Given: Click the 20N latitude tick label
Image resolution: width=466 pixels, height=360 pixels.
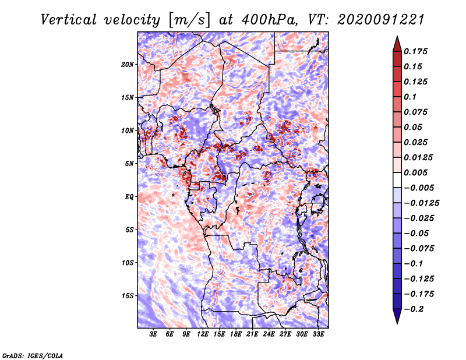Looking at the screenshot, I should (128, 64).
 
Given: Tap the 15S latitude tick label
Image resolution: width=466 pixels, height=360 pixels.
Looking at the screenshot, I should (128, 296).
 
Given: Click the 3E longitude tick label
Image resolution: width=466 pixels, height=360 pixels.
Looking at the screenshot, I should (153, 334).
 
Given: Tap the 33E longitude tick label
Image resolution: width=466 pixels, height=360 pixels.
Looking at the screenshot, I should (318, 334).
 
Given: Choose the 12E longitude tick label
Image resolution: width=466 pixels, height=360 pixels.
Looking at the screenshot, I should (203, 334).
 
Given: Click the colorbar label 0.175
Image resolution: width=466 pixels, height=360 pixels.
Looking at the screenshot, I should (416, 51).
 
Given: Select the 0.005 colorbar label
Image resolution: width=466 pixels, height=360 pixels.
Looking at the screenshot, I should (416, 173).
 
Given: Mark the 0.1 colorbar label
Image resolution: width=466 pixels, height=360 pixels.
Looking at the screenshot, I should (409, 97).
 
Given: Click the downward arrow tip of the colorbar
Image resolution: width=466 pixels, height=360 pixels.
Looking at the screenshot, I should (397, 322).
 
